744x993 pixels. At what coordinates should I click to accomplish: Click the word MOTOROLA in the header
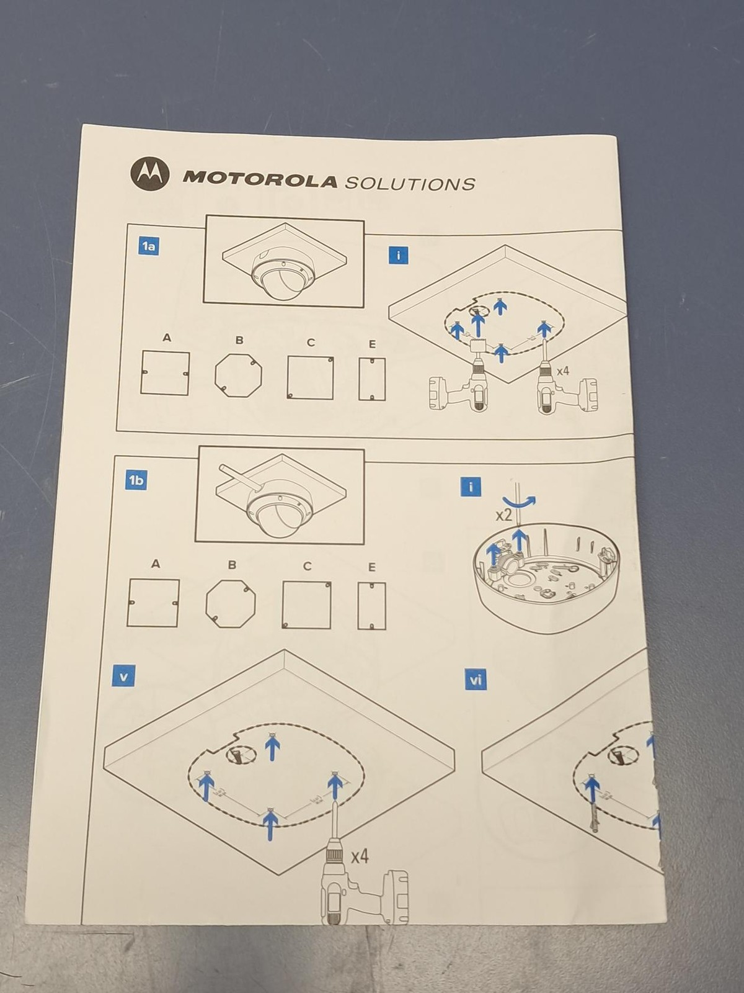[x=260, y=180]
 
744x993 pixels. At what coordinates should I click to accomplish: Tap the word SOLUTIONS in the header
[x=409, y=183]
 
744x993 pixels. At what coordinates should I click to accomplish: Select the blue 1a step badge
[x=149, y=247]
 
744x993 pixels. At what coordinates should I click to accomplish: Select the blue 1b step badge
[x=136, y=480]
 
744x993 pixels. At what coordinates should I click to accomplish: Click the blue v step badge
[x=123, y=676]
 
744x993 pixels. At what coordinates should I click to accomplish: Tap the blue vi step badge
[x=476, y=681]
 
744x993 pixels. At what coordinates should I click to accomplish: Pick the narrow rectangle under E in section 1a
[x=372, y=379]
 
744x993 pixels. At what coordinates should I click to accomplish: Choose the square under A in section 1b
[x=153, y=603]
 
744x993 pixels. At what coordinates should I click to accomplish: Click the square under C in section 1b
[x=306, y=605]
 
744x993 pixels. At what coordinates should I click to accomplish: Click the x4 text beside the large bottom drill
[x=360, y=856]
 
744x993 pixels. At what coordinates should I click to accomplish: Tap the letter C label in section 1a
[x=311, y=343]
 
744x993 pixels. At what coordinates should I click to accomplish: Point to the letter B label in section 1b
[x=232, y=565]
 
